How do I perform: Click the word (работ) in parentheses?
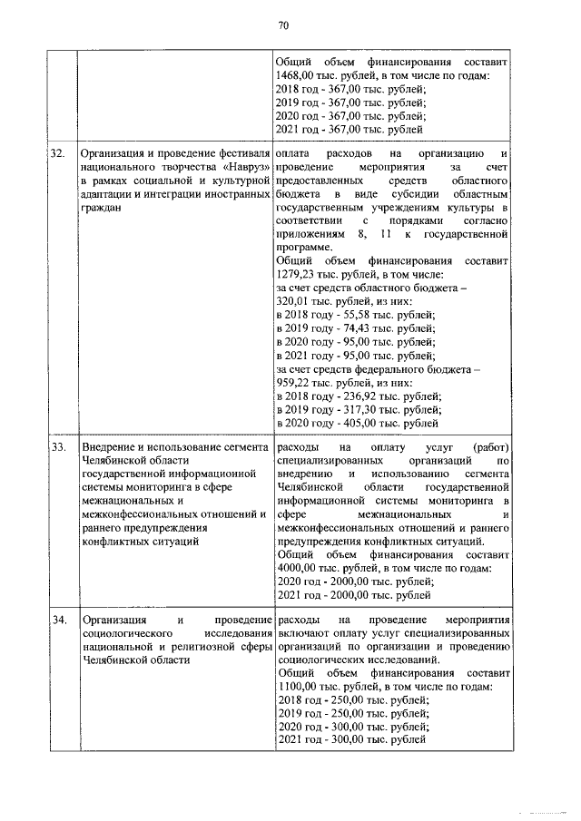[x=490, y=448]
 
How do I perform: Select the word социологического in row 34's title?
[x=127, y=633]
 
